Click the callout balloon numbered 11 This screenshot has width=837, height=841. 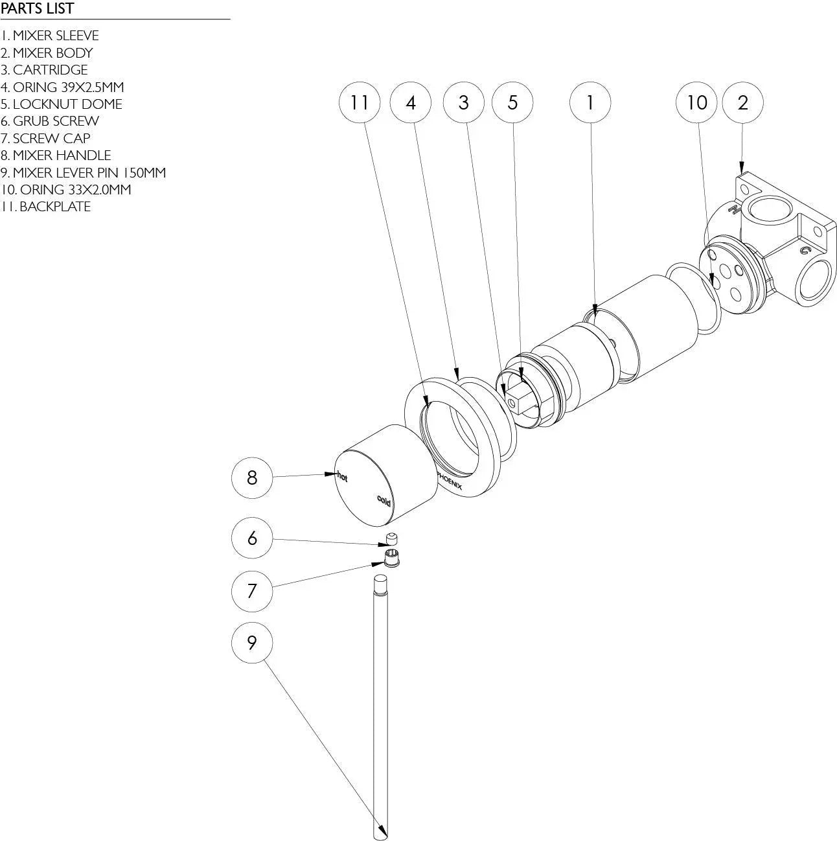tap(360, 102)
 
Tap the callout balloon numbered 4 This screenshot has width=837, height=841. tap(411, 102)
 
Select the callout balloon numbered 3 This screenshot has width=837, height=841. tap(463, 102)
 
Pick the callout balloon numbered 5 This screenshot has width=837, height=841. tap(512, 102)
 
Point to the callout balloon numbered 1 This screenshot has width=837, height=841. tap(590, 102)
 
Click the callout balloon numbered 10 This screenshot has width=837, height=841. tap(696, 102)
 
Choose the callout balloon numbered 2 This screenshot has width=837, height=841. tap(742, 102)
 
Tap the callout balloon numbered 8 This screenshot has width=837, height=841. tap(252, 478)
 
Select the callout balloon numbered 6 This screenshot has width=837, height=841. tap(252, 538)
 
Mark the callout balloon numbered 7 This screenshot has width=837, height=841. tap(252, 590)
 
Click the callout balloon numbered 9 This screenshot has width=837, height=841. tap(252, 642)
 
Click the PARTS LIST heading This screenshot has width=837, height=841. tap(38, 9)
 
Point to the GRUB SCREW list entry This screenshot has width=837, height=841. tap(50, 121)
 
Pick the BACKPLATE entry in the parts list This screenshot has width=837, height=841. tap(46, 207)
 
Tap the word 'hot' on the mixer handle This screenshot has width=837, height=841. tap(342, 478)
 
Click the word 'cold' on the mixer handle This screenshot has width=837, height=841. tap(384, 500)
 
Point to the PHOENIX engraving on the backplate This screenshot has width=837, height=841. tap(449, 480)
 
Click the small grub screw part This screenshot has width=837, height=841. tap(391, 538)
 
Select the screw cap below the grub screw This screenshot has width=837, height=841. tap(391, 558)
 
